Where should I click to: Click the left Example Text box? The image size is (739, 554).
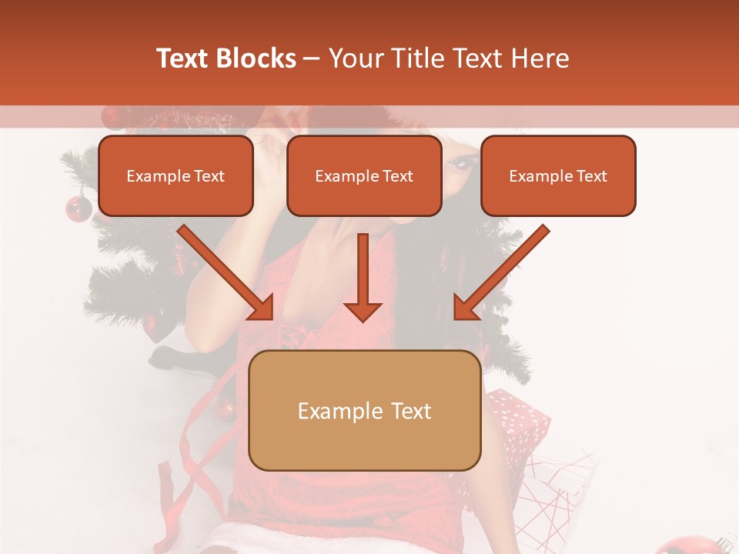tap(176, 176)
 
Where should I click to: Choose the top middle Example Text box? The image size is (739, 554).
tap(364, 176)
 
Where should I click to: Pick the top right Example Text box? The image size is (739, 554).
tap(558, 176)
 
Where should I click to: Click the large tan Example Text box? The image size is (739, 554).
tap(365, 411)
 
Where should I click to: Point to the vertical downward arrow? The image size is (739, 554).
tap(363, 277)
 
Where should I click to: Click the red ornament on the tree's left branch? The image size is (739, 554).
tap(78, 208)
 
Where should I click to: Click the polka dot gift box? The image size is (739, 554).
tap(520, 419)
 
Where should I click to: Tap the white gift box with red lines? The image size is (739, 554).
tap(558, 492)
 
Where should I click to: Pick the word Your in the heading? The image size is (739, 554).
tap(356, 58)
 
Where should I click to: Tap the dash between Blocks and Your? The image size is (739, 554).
tap(312, 58)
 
